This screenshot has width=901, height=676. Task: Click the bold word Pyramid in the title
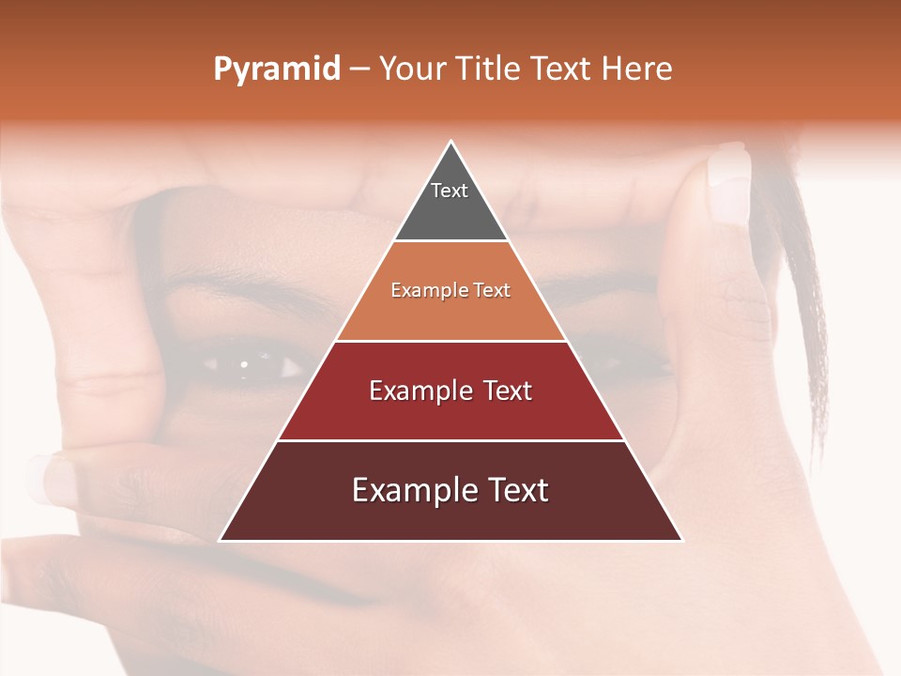(x=277, y=69)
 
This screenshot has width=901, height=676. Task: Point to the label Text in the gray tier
(x=450, y=192)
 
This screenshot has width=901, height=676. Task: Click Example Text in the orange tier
(x=450, y=291)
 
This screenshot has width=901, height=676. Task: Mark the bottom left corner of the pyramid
(x=221, y=540)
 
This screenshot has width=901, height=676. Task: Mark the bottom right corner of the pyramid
(x=681, y=540)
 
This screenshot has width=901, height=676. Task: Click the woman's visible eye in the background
(x=246, y=364)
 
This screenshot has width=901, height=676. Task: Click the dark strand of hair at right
(x=812, y=310)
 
